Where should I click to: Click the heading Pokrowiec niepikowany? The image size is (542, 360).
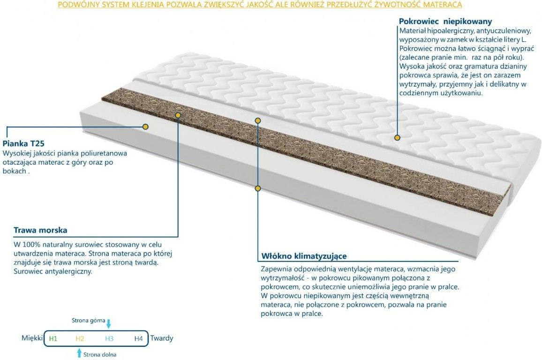click(445, 22)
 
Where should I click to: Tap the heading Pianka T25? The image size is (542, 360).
click(23, 143)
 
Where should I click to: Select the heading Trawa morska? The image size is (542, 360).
click(40, 230)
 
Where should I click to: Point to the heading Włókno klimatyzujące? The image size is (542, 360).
click(304, 256)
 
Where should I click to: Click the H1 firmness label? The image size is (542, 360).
click(53, 338)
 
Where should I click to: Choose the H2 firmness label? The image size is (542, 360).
click(80, 338)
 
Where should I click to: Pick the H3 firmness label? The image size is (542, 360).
click(109, 338)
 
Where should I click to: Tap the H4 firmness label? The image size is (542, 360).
click(139, 338)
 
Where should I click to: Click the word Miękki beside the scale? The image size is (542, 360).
click(32, 338)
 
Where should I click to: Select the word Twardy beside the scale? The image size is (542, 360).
click(162, 338)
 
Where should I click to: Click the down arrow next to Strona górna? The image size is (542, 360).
click(108, 324)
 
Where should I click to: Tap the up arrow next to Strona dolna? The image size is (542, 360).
click(79, 353)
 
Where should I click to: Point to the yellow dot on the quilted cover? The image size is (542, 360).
click(397, 137)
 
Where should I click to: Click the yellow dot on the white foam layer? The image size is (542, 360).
click(145, 127)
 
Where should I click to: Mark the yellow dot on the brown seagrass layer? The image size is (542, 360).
click(178, 115)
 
